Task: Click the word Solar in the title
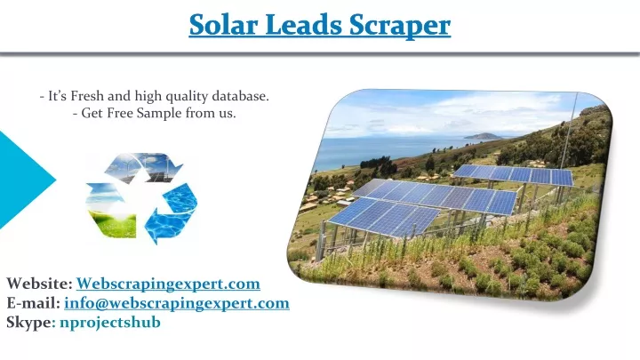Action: [x=223, y=25]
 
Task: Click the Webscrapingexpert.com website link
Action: [x=168, y=284]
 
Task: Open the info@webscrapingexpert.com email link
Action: [x=177, y=303]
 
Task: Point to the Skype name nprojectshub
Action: [x=110, y=323]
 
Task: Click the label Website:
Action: [x=40, y=284]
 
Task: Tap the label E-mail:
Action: [x=34, y=303]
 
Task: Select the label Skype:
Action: [x=31, y=323]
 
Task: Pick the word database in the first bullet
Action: [x=240, y=96]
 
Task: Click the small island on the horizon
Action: [x=483, y=136]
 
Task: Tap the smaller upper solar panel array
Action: [x=514, y=175]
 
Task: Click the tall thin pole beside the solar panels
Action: [x=570, y=130]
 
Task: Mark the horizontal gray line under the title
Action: [x=320, y=53]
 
